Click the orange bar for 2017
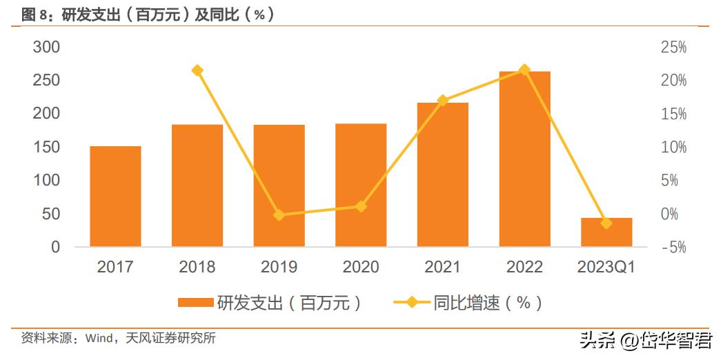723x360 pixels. point(115,197)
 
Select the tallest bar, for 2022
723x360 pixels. point(524,159)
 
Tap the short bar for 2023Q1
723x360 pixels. point(606,232)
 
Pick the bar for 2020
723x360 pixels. point(361,185)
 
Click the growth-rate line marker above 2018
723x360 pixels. point(197,70)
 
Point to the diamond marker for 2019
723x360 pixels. point(279,215)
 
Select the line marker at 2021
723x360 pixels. point(443,101)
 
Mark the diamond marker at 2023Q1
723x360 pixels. point(606,223)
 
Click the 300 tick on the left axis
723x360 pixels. point(47,47)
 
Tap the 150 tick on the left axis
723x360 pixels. point(47,147)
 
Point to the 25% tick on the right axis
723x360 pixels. point(673,47)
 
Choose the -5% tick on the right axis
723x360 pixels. point(673,247)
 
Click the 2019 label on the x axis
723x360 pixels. point(279,267)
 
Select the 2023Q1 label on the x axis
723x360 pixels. point(606,267)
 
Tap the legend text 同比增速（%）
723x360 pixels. point(487,303)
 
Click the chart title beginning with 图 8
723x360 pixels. point(148,14)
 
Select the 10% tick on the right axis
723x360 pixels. point(673,147)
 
